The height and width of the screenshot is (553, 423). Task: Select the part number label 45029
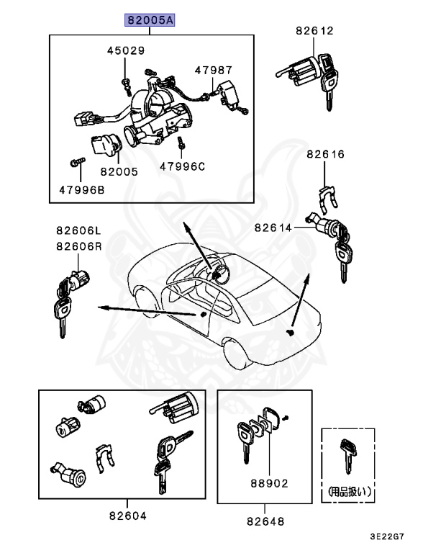click(x=126, y=51)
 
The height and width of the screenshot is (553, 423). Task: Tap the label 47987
click(x=214, y=70)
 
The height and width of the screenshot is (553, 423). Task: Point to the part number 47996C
click(x=182, y=166)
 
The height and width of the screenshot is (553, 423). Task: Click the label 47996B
click(x=81, y=190)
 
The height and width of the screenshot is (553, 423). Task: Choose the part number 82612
click(x=314, y=31)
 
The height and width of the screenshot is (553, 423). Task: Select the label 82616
click(x=325, y=154)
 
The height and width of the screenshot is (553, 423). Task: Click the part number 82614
click(x=273, y=228)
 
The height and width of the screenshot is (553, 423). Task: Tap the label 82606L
click(x=79, y=230)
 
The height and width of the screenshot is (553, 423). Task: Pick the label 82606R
click(x=79, y=246)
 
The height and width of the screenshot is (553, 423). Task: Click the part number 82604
click(x=127, y=516)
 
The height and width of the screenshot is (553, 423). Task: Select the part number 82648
click(x=265, y=521)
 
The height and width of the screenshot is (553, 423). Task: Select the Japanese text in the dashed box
click(x=348, y=493)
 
